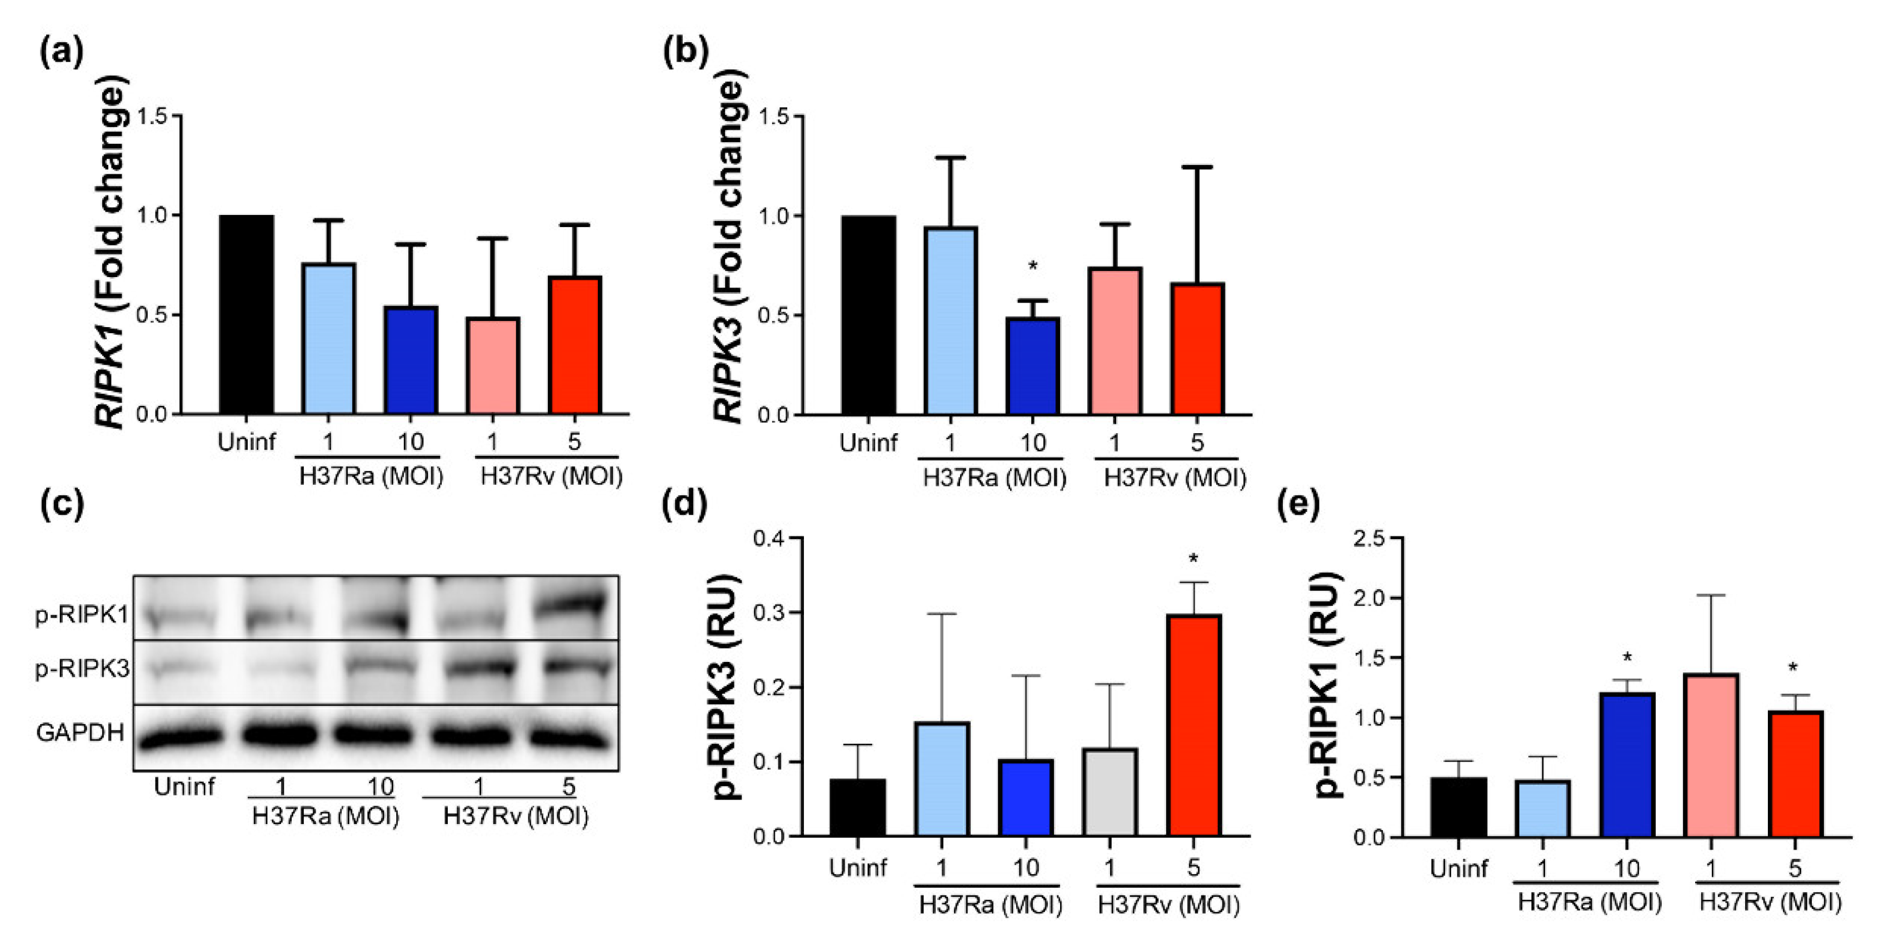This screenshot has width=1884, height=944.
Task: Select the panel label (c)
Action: coord(62,505)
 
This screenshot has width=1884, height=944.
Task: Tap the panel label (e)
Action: coord(1298,505)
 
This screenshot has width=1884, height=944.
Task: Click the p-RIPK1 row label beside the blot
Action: coord(81,615)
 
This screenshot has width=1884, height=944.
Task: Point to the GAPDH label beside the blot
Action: coord(79,732)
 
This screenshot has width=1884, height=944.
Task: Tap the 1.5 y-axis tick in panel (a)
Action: coord(152,116)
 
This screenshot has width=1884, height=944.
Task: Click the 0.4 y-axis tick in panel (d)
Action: coord(769,538)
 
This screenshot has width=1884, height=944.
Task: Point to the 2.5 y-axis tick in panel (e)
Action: coord(1368,539)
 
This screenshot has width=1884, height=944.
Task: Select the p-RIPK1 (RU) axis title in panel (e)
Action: coord(1327,684)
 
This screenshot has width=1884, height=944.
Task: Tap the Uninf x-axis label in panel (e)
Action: coord(1458,868)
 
